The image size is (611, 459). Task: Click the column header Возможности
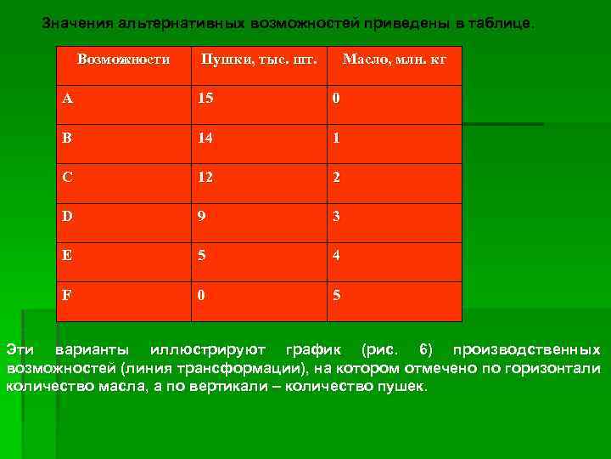(123, 59)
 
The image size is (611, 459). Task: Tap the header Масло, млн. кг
(394, 59)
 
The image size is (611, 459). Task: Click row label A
(67, 99)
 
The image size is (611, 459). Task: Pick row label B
(67, 138)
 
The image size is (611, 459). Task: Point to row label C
(67, 177)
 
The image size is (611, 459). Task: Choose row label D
(67, 217)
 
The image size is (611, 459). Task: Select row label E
(67, 256)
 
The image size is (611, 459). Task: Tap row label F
(67, 295)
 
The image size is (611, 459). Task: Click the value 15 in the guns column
(206, 99)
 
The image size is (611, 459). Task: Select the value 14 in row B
(206, 138)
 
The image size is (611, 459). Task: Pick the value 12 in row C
(206, 177)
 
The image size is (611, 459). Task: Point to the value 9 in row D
(202, 217)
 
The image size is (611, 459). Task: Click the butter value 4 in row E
(337, 256)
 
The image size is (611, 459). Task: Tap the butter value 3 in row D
(337, 217)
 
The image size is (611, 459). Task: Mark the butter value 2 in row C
(337, 177)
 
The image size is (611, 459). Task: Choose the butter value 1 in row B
(337, 138)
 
